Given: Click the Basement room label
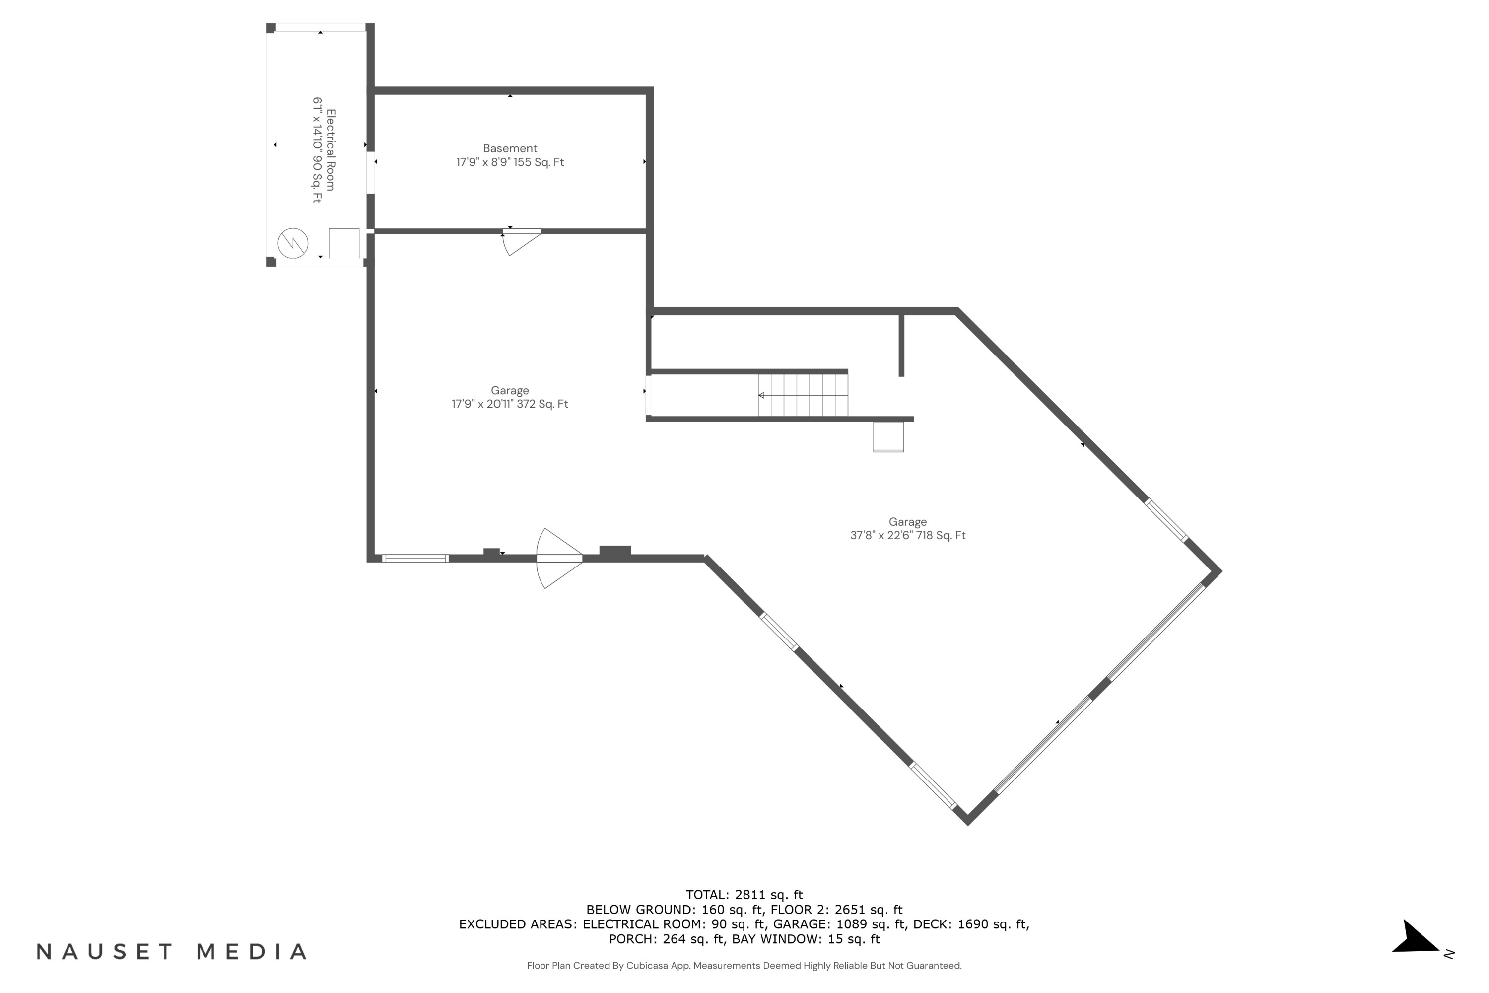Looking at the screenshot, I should tap(510, 148).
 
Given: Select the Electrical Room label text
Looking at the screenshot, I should tap(331, 149).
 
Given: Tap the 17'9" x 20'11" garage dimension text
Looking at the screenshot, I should tap(510, 404).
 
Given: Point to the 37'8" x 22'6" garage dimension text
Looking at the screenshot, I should tap(907, 535).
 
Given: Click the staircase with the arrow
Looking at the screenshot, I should tap(802, 395).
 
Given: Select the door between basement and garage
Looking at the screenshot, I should tap(521, 241).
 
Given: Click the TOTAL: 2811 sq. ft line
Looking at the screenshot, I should tap(744, 895).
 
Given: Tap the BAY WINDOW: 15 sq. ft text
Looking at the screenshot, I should tap(805, 939).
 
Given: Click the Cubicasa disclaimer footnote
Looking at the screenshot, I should tap(744, 966).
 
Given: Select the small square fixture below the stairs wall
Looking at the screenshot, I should tap(888, 436).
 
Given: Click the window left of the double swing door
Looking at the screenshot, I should tap(415, 558).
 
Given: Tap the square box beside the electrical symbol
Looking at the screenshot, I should tap(344, 243).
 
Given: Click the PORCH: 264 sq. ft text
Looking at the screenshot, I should tap(666, 939).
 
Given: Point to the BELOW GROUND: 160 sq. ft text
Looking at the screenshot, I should tap(674, 910).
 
